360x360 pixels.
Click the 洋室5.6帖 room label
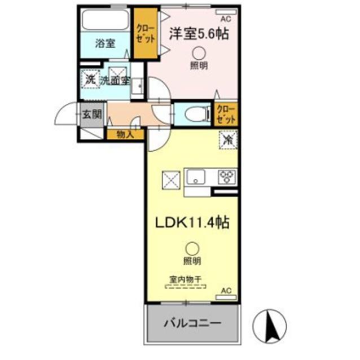[199, 34]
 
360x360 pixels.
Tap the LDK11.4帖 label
[192, 222]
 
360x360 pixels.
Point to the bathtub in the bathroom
[106, 20]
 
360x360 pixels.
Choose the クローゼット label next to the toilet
[226, 115]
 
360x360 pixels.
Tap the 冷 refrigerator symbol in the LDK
[228, 139]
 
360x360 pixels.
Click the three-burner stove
[227, 177]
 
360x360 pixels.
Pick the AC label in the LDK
[227, 291]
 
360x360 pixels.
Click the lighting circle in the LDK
[192, 248]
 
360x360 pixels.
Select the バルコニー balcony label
[192, 324]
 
